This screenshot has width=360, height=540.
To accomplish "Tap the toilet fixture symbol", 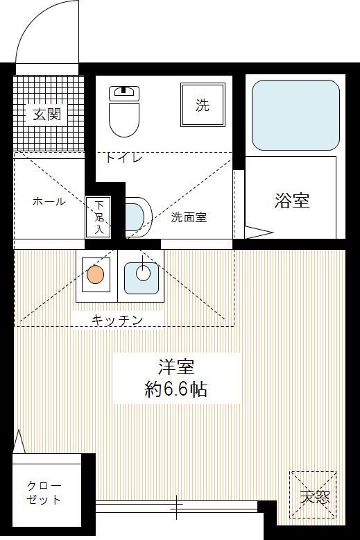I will (x=124, y=118).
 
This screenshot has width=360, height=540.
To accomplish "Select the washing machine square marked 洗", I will (x=202, y=106).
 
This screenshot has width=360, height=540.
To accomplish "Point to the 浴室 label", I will (x=291, y=201).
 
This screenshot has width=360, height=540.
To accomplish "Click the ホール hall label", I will (x=49, y=202).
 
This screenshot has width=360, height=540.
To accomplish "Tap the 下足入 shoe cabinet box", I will (x=98, y=216).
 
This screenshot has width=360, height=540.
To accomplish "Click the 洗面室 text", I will (x=189, y=217).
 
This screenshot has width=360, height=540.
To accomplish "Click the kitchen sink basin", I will (x=142, y=274).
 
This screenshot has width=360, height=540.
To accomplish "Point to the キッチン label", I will (x=117, y=320).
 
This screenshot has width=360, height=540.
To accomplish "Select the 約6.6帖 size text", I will (x=175, y=389).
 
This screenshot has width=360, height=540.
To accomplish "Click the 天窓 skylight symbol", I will (x=314, y=494).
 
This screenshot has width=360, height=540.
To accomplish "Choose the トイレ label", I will (x=124, y=158).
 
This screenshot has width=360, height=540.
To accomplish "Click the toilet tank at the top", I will (x=124, y=91).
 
